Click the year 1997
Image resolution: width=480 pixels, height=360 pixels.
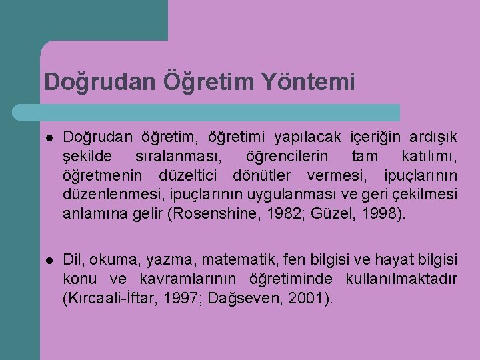point(184,298)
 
